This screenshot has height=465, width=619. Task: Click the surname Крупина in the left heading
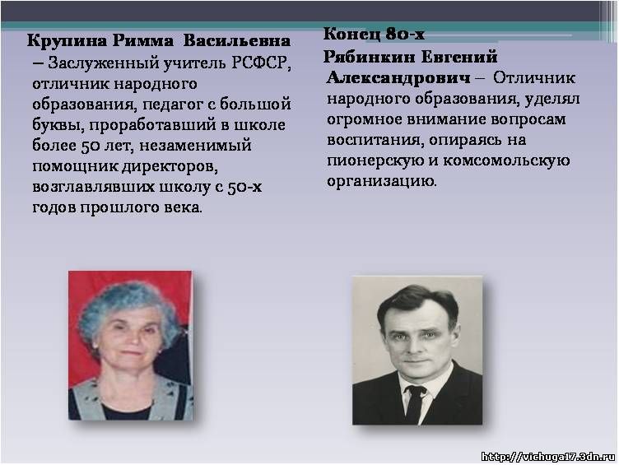tap(67, 41)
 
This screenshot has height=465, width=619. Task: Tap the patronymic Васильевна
tap(237, 41)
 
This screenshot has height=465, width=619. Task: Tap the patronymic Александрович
tap(398, 78)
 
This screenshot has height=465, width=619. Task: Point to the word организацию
tap(382, 181)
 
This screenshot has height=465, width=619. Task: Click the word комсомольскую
tap(506, 160)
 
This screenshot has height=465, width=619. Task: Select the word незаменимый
tap(195, 146)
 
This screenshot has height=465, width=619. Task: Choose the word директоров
tap(170, 166)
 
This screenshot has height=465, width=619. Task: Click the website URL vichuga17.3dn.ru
tap(548, 457)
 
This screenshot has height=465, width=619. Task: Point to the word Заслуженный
tap(104, 63)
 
